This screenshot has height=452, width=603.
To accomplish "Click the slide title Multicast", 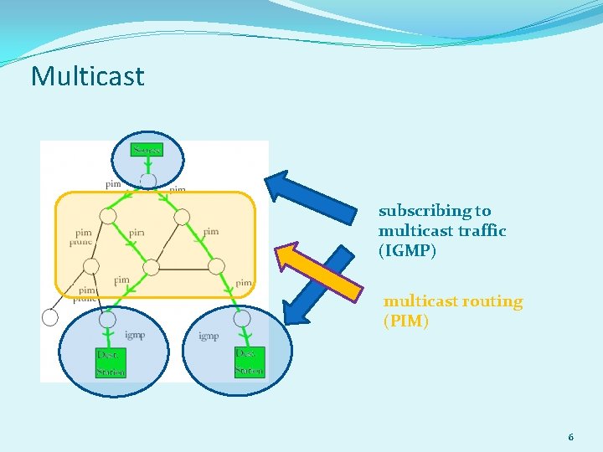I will click(88, 76).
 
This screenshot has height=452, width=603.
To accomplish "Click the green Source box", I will click(147, 150).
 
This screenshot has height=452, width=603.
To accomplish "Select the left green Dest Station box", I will click(111, 362).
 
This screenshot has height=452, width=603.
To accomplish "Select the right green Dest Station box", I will click(250, 362).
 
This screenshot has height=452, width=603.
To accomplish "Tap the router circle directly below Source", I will click(147, 181).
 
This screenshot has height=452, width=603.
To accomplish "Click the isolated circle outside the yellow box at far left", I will click(50, 317).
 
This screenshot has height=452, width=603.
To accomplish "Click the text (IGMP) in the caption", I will click(408, 250).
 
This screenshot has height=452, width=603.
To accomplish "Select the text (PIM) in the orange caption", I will click(406, 321).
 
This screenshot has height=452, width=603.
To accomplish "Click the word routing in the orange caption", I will click(493, 301).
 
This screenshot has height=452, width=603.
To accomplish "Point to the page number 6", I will click(570, 437).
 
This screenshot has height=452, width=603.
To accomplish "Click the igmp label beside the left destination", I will click(134, 335).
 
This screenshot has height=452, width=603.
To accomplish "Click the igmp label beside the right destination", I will click(209, 336).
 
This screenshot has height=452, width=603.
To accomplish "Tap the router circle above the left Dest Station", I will click(107, 319).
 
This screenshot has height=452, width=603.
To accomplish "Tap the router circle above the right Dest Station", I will click(242, 318).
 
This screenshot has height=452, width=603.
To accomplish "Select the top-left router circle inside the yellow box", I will click(107, 217).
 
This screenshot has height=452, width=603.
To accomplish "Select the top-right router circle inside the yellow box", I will click(182, 217).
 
